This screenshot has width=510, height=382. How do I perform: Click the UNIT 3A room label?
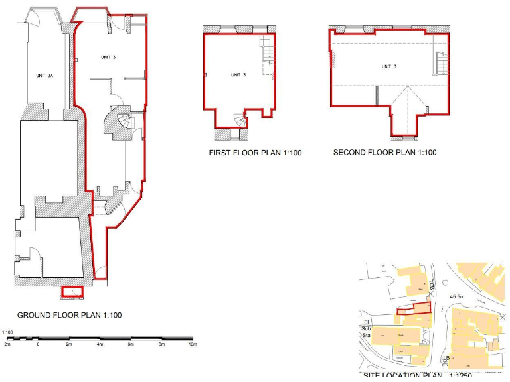44,76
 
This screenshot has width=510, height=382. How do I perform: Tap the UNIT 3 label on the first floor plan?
238,75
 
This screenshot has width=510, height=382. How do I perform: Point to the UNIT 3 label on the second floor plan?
389,66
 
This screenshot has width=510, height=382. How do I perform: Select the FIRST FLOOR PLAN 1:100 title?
256,153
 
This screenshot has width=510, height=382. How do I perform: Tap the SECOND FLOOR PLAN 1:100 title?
384,153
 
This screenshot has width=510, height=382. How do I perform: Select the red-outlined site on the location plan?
413,307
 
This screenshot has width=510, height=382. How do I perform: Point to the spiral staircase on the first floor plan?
239,120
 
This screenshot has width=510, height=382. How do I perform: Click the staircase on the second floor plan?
440,64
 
